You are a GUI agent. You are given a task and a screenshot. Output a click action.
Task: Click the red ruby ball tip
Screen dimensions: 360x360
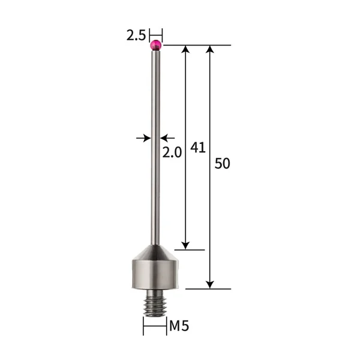pyautogui.click(x=156, y=44)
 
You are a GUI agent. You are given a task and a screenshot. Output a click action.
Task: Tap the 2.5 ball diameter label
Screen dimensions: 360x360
pyautogui.click(x=136, y=35)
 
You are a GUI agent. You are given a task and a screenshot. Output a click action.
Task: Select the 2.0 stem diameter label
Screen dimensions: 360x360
pyautogui.click(x=172, y=152)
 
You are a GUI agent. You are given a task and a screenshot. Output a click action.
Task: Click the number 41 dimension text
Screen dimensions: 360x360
pyautogui.click(x=198, y=147)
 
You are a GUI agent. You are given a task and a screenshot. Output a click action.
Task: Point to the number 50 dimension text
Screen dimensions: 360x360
pyautogui.click(x=222, y=163)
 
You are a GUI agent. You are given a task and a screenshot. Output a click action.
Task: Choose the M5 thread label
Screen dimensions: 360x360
pyautogui.click(x=179, y=326)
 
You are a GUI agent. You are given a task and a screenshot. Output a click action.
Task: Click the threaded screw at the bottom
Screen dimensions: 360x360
pyautogui.click(x=155, y=302)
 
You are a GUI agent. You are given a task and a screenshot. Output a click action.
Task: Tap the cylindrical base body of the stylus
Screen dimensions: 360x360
pyautogui.click(x=155, y=273)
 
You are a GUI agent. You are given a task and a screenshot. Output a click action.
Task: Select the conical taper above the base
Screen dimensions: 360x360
pyautogui.click(x=155, y=249)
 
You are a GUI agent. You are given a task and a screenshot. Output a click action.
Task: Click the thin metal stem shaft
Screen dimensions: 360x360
pyautogui.click(x=155, y=150)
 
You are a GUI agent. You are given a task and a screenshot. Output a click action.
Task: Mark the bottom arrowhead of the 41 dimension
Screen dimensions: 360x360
pyautogui.click(x=186, y=245)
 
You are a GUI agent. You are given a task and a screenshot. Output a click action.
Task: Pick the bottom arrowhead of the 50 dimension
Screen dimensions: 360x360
pyautogui.click(x=210, y=284)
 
